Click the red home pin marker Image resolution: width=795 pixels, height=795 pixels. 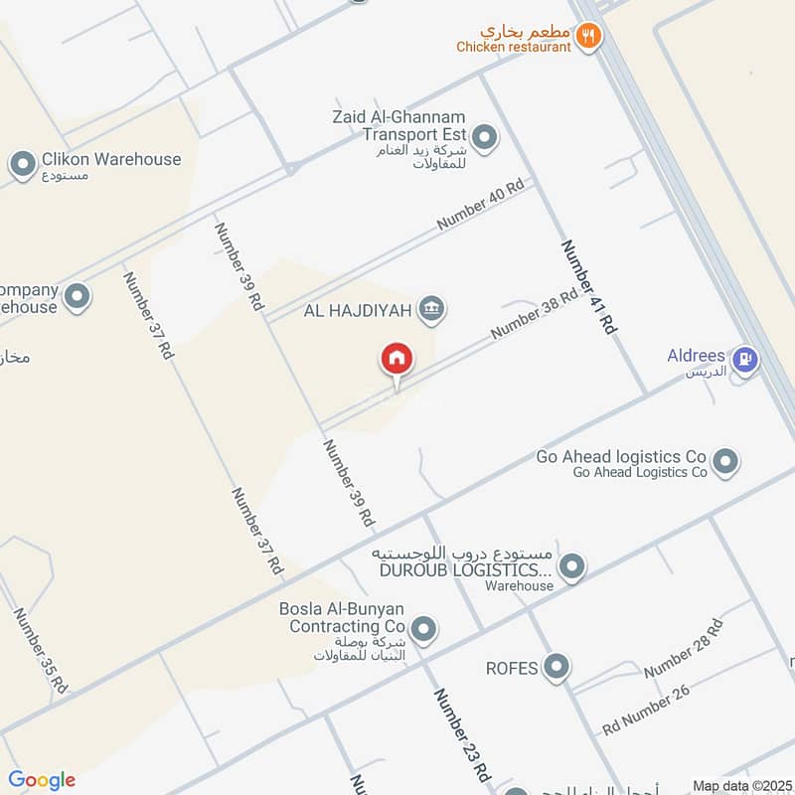(396, 359)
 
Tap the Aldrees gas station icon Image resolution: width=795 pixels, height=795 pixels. (743, 358)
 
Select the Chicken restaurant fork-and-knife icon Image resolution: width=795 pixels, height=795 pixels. (589, 37)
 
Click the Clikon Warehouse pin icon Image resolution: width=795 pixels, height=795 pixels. (22, 165)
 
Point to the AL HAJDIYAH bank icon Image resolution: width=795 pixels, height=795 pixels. (430, 310)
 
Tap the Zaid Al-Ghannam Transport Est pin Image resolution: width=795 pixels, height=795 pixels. (484, 138)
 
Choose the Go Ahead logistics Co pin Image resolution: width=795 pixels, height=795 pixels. (726, 461)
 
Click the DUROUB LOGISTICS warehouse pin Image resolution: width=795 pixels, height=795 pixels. (571, 568)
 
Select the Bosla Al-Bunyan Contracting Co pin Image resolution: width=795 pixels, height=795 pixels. (424, 628)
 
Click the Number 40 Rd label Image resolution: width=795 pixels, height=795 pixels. (480, 207)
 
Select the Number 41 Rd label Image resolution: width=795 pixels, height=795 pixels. (589, 286)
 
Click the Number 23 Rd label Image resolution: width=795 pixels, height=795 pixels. (461, 734)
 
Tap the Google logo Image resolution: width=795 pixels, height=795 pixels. (42, 780)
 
